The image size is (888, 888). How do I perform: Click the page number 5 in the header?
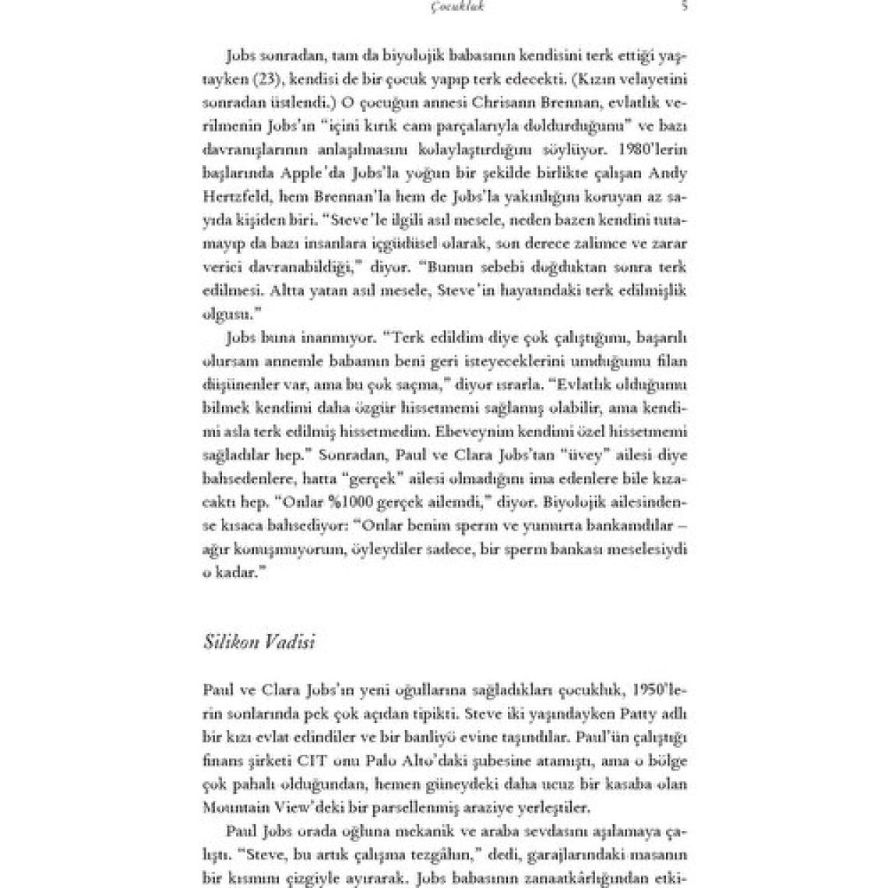pos(683,6)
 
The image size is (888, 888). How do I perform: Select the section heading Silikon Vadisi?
pos(258,643)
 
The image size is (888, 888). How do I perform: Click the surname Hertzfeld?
pos(232,196)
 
